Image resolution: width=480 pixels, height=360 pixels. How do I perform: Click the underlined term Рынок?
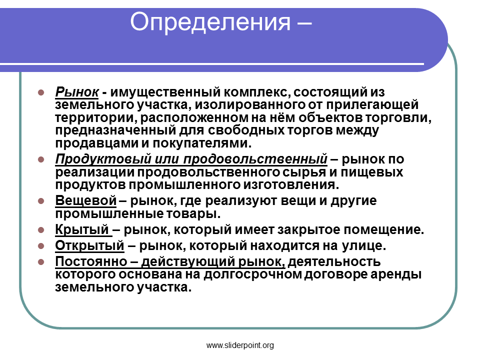[x=77, y=92]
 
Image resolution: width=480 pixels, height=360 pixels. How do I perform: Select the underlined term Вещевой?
[x=86, y=200]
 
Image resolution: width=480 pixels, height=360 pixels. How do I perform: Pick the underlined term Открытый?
[x=89, y=245]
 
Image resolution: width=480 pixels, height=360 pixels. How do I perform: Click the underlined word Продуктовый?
[x=103, y=159]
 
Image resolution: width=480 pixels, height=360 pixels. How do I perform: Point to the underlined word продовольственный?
[x=255, y=159]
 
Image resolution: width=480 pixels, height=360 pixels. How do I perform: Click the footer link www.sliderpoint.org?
[x=240, y=345]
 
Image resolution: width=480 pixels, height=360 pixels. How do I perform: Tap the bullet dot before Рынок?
[x=41, y=92]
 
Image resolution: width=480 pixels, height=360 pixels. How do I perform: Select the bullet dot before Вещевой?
[x=41, y=201]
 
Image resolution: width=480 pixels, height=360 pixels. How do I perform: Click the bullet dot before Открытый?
[x=41, y=246]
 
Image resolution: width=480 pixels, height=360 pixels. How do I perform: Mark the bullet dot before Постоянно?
[x=41, y=262]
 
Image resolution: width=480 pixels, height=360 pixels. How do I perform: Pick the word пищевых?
[x=372, y=172]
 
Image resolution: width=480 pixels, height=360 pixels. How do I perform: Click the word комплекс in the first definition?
[x=256, y=92]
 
